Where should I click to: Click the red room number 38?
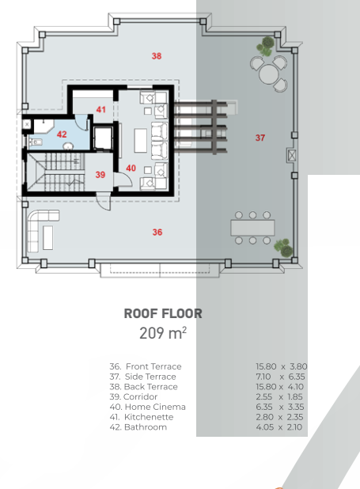(157, 56)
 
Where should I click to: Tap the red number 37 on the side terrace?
(260, 138)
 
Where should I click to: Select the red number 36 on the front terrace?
(157, 232)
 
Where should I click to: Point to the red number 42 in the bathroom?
(62, 134)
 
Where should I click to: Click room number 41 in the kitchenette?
(100, 109)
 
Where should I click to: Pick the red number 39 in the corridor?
(100, 175)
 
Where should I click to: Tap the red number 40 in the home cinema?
(131, 168)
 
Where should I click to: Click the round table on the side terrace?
(268, 74)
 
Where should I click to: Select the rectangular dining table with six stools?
(252, 228)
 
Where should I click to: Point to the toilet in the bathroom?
(36, 142)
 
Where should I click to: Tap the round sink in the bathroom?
(68, 146)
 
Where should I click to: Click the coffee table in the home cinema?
(140, 141)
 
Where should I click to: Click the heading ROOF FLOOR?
(163, 313)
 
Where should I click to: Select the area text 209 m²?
(163, 333)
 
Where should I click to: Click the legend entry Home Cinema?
(155, 407)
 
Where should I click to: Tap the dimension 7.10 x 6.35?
(280, 377)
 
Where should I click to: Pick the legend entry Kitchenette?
(149, 417)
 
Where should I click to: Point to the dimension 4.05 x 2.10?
(279, 427)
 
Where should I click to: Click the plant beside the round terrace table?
(266, 47)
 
